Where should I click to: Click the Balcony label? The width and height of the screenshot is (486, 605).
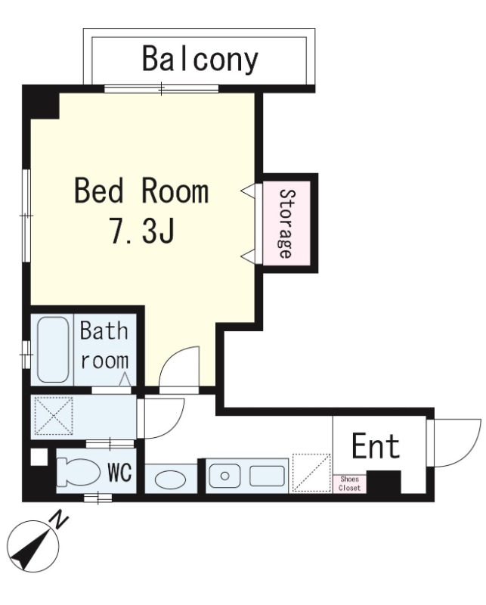[x=200, y=60]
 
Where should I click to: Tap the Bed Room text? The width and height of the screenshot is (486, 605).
[x=141, y=191]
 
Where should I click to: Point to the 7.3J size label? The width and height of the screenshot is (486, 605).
[x=143, y=231]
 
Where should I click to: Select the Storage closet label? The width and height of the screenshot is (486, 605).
[x=286, y=223]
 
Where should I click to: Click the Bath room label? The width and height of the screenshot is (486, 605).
[x=104, y=346]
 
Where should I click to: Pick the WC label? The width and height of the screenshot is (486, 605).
[x=120, y=471]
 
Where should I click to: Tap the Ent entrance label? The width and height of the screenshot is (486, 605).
[x=376, y=446]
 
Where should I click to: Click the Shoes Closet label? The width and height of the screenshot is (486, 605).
[x=349, y=483]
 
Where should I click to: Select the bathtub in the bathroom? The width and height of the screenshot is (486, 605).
[x=53, y=349]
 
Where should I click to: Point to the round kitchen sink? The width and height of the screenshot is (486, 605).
[x=225, y=476]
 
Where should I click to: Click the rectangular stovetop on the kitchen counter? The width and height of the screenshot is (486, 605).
[x=267, y=476]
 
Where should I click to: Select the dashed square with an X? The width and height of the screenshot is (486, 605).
[x=54, y=416]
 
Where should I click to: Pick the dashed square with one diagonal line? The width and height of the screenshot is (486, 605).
[x=311, y=473]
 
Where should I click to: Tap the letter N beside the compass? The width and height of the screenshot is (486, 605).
[x=60, y=520]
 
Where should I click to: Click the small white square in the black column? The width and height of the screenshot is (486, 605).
[x=39, y=458]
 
